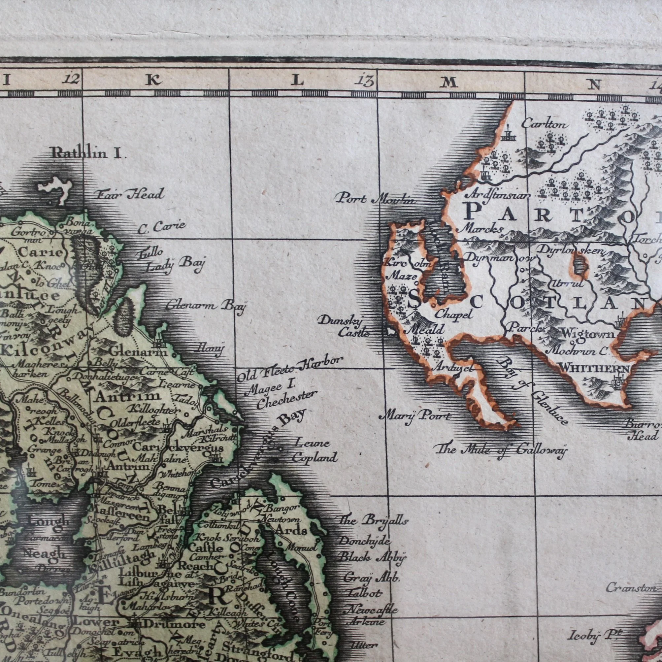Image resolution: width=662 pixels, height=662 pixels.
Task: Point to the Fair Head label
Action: coord(129,195)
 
